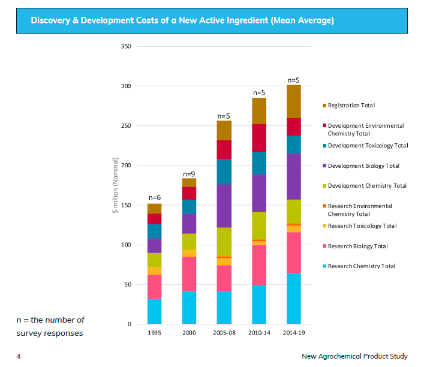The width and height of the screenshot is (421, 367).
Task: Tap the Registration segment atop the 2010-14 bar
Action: point(259,111)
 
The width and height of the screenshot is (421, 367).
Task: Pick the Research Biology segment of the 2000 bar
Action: point(189,274)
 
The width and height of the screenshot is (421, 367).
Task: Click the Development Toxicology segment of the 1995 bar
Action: point(154,231)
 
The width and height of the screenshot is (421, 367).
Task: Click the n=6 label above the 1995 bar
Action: point(154,198)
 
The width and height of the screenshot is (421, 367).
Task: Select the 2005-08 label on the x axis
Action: point(224,332)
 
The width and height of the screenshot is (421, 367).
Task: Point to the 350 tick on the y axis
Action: point(126,46)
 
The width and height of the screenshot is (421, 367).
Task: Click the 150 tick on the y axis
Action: point(126,205)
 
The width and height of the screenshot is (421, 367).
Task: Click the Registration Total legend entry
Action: point(351,106)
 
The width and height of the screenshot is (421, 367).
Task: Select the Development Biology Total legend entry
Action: point(363,166)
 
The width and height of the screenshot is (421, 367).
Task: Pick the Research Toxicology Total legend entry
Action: point(362,226)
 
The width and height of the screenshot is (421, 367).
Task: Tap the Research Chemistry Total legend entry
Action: point(361,266)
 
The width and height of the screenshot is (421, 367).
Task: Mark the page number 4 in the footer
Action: point(19,356)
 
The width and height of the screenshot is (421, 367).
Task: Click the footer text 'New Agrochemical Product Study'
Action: point(354,356)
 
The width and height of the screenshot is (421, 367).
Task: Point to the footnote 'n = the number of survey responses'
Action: point(50,326)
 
